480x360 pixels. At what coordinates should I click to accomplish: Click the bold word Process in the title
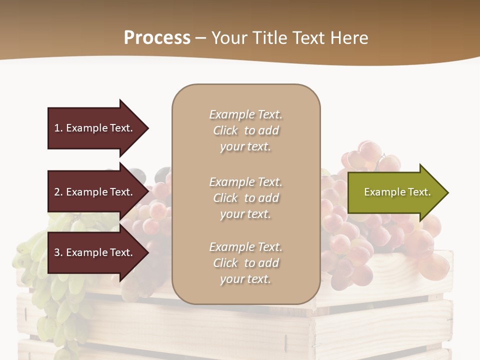157,38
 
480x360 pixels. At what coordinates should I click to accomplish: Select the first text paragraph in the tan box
246,130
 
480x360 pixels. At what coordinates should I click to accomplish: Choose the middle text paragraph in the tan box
246,198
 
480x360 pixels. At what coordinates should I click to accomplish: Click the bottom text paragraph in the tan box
246,263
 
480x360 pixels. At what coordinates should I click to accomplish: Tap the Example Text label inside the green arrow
397,192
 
